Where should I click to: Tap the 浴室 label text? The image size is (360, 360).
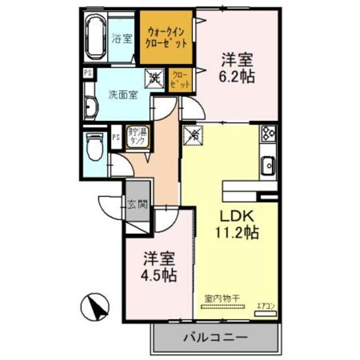click(123, 39)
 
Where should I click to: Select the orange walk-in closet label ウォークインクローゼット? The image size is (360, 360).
click(167, 37)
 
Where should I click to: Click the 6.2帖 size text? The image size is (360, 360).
click(237, 76)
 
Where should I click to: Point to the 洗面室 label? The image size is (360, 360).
click(123, 94)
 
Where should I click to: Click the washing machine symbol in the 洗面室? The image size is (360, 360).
click(154, 78)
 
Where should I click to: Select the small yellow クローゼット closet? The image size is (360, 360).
click(180, 79)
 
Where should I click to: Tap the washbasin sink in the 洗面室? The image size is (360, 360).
click(89, 107)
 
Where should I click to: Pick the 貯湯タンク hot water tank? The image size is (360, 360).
click(137, 137)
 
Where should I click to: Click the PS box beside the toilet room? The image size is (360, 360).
click(116, 137)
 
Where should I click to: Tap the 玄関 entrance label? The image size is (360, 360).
click(137, 204)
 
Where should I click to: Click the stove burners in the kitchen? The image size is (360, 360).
click(268, 134)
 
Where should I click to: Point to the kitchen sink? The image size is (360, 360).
click(268, 166)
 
